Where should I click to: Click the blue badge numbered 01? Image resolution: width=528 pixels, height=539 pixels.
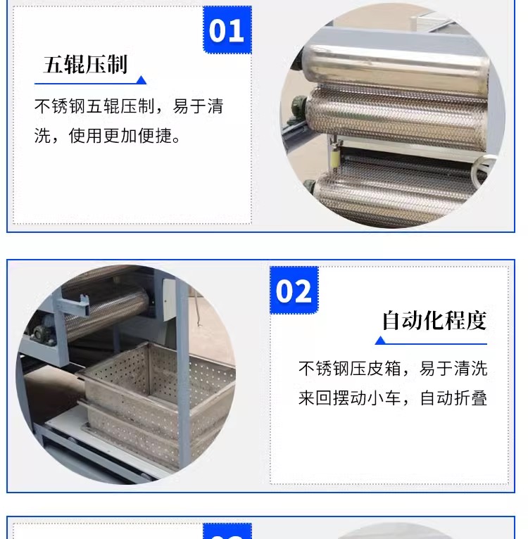tap(227, 30)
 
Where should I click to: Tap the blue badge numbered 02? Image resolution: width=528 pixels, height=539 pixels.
tap(294, 290)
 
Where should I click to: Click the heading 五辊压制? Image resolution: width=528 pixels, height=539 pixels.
tap(85, 64)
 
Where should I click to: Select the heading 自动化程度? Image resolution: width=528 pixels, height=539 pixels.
tap(434, 320)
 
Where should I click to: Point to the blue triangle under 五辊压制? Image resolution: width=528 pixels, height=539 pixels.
tap(141, 80)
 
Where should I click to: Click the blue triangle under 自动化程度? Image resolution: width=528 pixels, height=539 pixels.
tap(380, 341)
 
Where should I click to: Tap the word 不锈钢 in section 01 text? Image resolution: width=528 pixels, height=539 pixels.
tap(61, 106)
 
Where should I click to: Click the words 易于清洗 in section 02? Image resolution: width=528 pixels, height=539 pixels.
tap(453, 369)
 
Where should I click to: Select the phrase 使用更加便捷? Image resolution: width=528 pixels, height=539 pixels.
tap(120, 135)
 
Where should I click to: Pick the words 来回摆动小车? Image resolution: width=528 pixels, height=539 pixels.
tap(350, 398)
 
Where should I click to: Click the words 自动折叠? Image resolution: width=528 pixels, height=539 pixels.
tap(453, 398)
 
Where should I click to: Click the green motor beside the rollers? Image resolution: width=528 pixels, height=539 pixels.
tap(298, 106)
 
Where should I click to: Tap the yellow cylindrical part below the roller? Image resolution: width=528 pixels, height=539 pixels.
tap(334, 158)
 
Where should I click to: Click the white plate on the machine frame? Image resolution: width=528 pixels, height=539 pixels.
tap(169, 299)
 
